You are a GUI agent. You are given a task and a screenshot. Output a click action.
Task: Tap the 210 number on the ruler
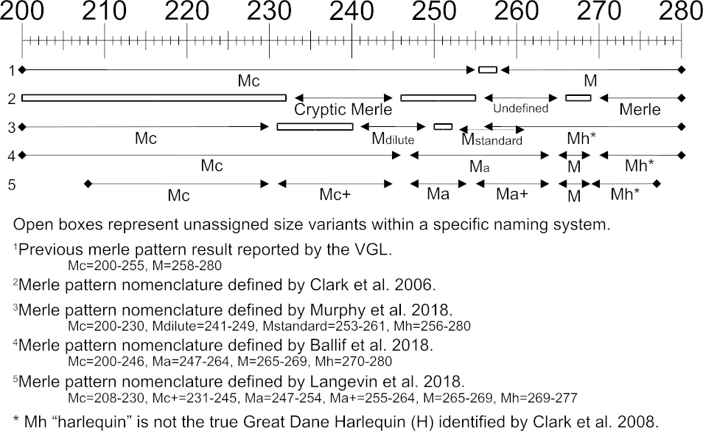point(104,12)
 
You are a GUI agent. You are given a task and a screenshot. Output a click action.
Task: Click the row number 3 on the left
point(12,127)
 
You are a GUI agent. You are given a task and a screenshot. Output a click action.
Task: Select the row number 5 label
point(12,184)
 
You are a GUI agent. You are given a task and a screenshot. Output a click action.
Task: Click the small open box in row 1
point(488,69)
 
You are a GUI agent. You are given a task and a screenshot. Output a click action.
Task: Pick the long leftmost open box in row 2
point(154,97)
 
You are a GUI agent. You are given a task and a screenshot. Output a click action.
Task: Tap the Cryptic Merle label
point(343,109)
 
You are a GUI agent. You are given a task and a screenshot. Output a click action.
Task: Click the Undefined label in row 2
point(521,108)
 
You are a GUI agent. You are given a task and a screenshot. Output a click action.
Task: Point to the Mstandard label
point(492,139)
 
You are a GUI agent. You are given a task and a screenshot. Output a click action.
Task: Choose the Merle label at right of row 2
point(640,110)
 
